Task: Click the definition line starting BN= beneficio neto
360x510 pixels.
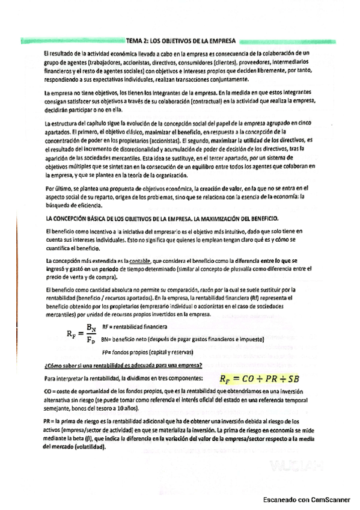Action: click(x=174, y=339)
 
